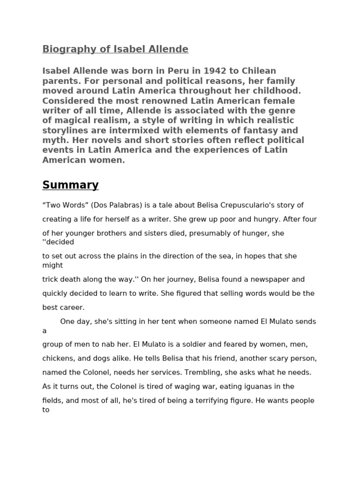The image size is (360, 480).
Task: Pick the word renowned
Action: tap(142, 100)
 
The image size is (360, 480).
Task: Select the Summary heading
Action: tap(70, 185)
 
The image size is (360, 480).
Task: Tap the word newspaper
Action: tap(265, 279)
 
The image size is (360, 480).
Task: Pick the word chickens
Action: tap(58, 358)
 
